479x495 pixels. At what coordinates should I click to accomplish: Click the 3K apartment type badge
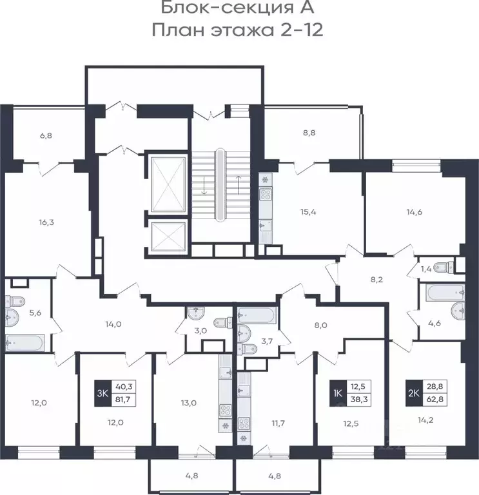tap(103, 393)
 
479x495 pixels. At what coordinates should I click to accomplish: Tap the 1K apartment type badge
tap(338, 393)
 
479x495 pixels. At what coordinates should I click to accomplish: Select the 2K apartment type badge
tap(414, 393)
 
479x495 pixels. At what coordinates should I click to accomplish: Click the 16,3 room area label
tap(46, 222)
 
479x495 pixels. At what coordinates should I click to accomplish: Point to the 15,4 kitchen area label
tap(308, 212)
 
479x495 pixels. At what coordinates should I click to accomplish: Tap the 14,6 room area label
tap(415, 212)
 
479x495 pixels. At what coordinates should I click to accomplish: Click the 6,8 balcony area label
tap(46, 136)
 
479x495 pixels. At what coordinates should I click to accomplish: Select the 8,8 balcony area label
tap(309, 133)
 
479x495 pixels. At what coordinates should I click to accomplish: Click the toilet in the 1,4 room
tap(444, 267)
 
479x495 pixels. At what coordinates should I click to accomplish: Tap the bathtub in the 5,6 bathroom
tap(24, 342)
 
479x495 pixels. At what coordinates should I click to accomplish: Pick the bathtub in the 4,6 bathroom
tap(445, 293)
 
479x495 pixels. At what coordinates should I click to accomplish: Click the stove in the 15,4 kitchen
tap(265, 194)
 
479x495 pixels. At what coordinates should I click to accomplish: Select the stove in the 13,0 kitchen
tap(225, 411)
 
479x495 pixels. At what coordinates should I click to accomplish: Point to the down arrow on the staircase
tap(204, 186)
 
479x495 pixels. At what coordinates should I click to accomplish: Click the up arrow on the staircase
tap(239, 186)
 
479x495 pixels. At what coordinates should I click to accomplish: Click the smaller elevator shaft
tap(168, 237)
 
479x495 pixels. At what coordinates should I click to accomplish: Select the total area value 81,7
tap(123, 400)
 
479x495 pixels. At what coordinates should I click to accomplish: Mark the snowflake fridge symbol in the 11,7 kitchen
tap(244, 438)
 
